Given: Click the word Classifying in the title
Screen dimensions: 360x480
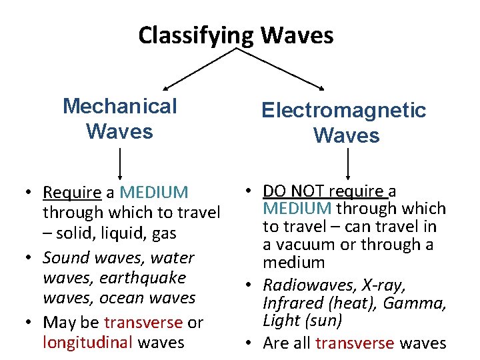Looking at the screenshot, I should click(x=195, y=35).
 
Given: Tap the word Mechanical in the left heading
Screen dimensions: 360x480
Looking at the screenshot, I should click(x=119, y=106).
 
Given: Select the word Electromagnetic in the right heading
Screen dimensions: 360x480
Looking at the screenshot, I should click(x=343, y=110).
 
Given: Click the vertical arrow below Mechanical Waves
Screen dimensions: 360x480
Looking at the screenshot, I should click(x=119, y=165).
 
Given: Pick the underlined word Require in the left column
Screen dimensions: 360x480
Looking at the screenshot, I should click(x=71, y=193).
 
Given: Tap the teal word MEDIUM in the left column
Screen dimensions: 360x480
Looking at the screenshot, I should click(x=154, y=193).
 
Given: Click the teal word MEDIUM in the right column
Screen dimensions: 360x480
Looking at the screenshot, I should click(x=297, y=209).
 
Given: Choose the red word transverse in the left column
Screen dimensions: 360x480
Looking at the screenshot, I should click(x=143, y=323).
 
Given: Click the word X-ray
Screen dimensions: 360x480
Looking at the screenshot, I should click(x=383, y=285).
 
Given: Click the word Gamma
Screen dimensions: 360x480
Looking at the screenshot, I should click(x=417, y=303).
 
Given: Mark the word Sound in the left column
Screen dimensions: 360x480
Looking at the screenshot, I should click(x=64, y=258).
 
